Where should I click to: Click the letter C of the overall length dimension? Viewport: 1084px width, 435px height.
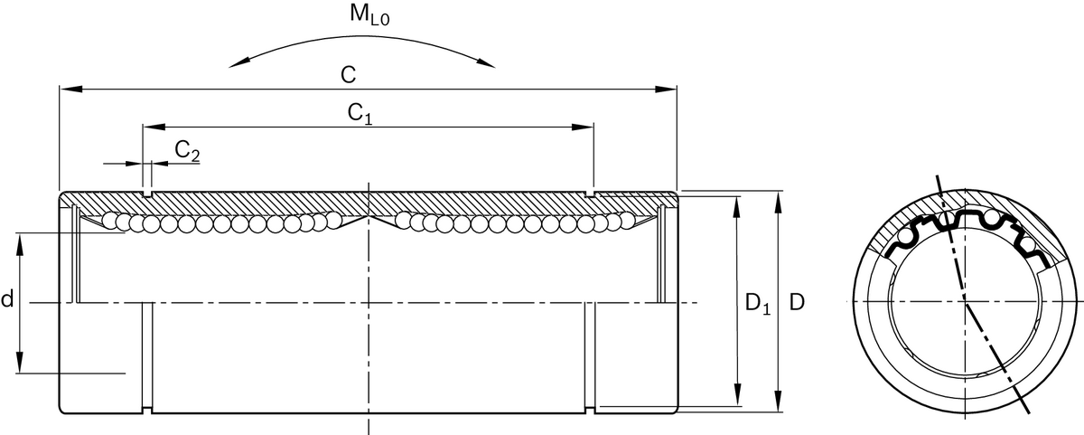pos(347,75)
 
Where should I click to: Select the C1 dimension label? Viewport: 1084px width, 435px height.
pos(360,113)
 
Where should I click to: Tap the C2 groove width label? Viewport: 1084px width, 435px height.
pos(186,151)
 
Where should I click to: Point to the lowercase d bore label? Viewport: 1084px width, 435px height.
pos(7,300)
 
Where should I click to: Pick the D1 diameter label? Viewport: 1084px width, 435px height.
pos(757,306)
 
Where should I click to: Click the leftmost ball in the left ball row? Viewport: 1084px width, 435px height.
pos(109,220)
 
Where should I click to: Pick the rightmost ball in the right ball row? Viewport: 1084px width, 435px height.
pos(627,220)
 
